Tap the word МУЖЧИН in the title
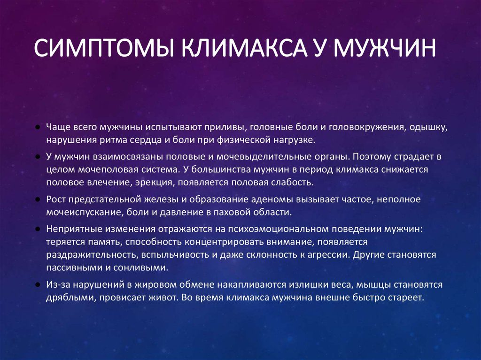(385, 48)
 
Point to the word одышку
(428, 127)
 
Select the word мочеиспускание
(85, 213)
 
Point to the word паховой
(232, 212)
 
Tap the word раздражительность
(93, 255)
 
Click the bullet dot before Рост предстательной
(38, 199)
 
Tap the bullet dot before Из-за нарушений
(38, 285)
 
